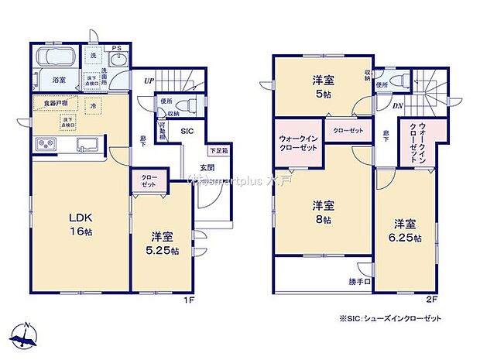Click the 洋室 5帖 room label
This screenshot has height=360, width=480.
[323, 86]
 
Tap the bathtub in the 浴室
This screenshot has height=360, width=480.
[57, 58]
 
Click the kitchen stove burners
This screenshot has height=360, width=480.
[45, 145]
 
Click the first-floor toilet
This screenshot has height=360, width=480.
[186, 106]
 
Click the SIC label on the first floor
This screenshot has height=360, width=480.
[187, 132]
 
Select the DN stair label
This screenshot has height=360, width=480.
[396, 105]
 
